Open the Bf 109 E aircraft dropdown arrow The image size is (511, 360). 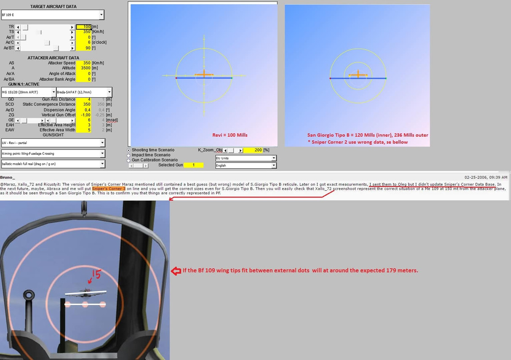101,15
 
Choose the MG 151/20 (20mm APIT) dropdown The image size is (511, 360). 28,92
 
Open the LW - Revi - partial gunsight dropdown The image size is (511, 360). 53,143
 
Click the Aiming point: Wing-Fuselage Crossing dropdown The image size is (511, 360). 53,153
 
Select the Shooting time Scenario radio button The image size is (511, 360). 129,150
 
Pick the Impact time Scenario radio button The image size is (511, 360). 129,155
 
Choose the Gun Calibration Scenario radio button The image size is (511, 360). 129,160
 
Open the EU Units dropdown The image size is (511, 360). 246,158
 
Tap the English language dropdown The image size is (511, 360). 246,166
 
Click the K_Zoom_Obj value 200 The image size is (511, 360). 255,150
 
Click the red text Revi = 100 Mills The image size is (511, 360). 230,135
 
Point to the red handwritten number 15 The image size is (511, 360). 96,273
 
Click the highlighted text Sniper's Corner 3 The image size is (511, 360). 109,189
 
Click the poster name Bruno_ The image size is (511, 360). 8,178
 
